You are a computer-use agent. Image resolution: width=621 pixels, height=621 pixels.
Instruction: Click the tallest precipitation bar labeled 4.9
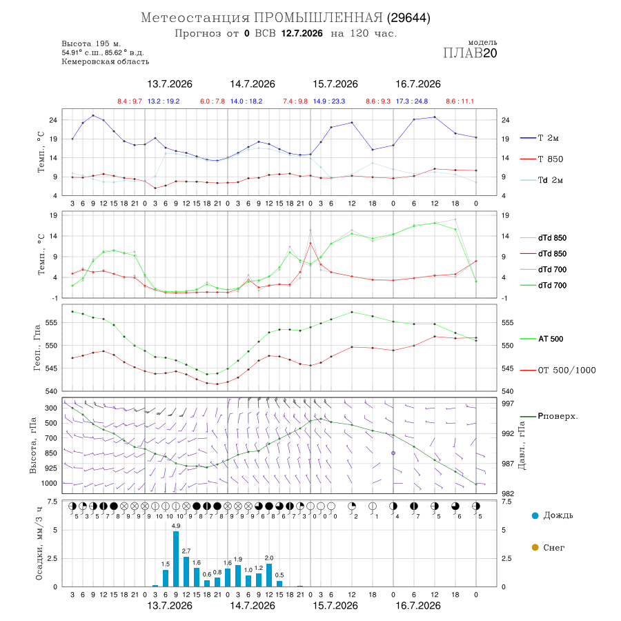pos(176,559)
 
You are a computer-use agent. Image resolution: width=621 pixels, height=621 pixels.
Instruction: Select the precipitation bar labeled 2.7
pos(186,571)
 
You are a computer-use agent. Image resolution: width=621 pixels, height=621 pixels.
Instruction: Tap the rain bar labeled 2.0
pos(269,575)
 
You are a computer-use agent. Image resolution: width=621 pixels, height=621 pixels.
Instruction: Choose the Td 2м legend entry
pos(542,180)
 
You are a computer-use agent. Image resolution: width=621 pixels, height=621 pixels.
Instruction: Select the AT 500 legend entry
pos(542,339)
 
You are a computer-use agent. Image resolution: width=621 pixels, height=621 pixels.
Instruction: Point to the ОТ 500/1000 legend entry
pos(558,371)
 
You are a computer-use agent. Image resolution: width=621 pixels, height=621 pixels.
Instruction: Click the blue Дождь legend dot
pos(535,515)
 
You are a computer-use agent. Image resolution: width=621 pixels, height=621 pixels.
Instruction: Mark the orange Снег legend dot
pos(535,547)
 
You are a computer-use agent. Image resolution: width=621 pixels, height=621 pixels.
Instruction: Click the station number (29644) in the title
pos(408,18)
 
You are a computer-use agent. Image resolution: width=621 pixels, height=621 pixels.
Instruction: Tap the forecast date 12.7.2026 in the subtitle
pos(302,33)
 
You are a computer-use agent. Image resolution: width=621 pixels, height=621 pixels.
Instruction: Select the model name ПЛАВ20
pos(470,53)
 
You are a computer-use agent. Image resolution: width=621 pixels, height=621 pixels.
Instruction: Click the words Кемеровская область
pos(106,61)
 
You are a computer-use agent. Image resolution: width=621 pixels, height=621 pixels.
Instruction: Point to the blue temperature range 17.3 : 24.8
pos(412,101)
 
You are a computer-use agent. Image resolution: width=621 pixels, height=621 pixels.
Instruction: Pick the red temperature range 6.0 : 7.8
pos(213,101)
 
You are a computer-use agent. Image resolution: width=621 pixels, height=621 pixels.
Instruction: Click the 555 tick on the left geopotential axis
pos(52,323)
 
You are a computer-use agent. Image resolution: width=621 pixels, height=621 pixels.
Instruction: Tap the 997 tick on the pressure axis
pos(507,404)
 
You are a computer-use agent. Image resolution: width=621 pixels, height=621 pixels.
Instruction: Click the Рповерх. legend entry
pos(549,416)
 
